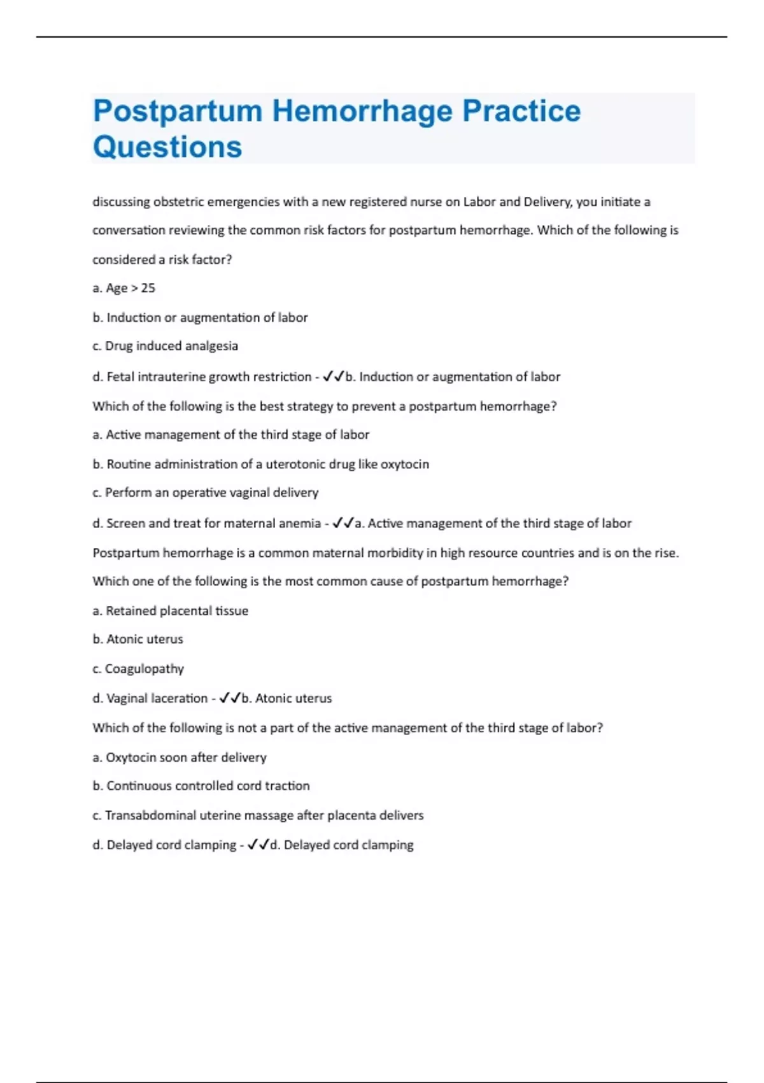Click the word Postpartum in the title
pos(178,111)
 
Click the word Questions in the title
pos(167,147)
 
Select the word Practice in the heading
pos(521,111)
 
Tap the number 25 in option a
pos(148,288)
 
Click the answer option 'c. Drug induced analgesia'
pos(165,346)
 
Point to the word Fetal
pos(120,377)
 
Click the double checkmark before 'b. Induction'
pos(334,377)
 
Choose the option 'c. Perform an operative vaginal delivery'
pos(205,492)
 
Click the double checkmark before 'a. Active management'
pos(343,523)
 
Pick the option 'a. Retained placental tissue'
pos(170,610)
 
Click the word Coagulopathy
pos(144,668)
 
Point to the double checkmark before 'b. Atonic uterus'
pos(230,698)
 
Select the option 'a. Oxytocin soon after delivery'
pos(179,757)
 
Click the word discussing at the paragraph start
pos(122,201)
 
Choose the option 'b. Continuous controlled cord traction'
pos(201,785)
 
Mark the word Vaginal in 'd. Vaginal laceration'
pos(128,698)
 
